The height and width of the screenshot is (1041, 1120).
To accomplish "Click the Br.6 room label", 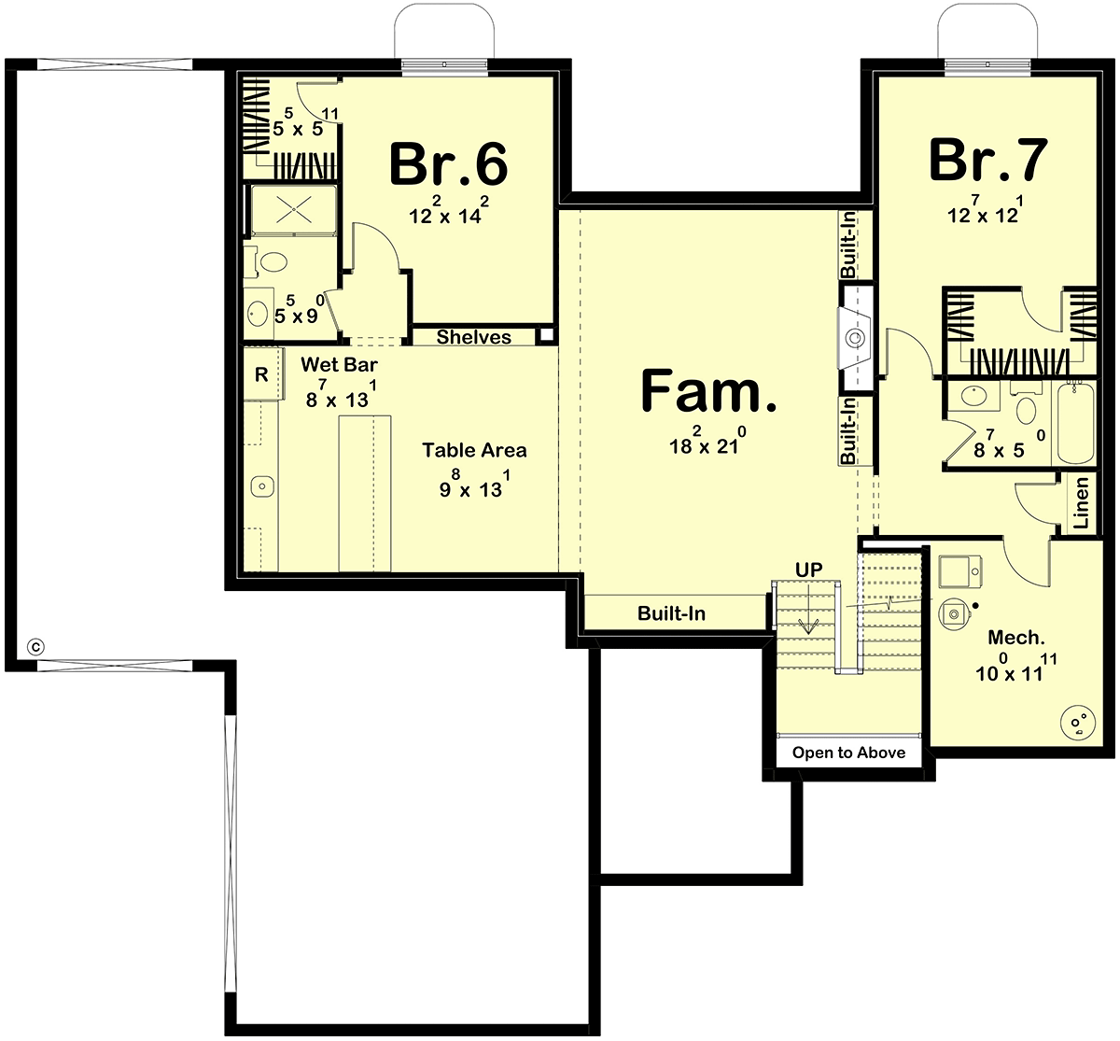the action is [x=448, y=163].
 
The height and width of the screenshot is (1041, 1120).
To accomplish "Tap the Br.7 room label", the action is [x=988, y=161].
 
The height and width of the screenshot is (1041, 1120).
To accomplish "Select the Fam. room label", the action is [x=709, y=390].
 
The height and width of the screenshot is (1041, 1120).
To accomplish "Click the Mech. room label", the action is [x=1016, y=638].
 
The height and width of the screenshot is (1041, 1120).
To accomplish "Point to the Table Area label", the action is [x=474, y=450].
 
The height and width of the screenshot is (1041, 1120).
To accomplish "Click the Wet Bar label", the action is [x=339, y=364].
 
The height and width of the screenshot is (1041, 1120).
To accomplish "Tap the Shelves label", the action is [x=474, y=337].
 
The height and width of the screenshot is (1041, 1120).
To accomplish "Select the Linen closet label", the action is [x=1081, y=502].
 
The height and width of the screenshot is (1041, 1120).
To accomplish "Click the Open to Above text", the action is [x=848, y=753].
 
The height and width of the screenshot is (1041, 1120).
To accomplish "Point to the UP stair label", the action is [x=808, y=570].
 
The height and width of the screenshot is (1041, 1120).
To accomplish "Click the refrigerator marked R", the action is [x=262, y=374].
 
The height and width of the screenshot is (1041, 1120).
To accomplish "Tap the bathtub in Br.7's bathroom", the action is [x=1075, y=423].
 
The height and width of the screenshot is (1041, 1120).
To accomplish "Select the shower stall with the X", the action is [x=293, y=209].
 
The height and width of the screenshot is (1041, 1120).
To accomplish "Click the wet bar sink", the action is [x=262, y=485].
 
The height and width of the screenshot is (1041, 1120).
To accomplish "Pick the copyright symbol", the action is [x=35, y=647].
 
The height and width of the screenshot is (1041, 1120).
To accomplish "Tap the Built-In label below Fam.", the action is [x=671, y=613].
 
